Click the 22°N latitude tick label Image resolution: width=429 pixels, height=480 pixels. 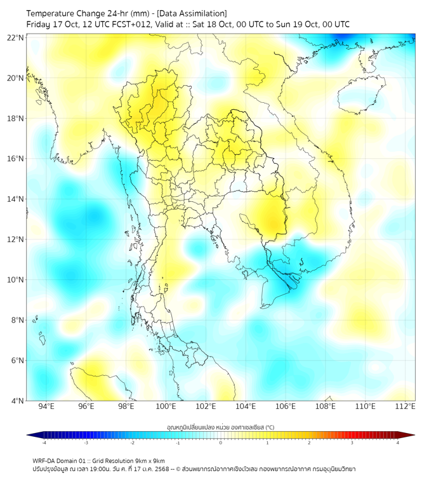pyautogui.click(x=16, y=38)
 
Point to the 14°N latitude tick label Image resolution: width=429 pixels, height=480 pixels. pyautogui.click(x=16, y=199)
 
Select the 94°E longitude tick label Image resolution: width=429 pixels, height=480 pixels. pyautogui.click(x=46, y=406)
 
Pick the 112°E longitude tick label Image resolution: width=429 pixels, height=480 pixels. pyautogui.click(x=405, y=406)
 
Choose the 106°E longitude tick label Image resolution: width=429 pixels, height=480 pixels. pyautogui.click(x=286, y=406)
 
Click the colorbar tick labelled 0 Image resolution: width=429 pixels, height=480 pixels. pyautogui.click(x=221, y=443)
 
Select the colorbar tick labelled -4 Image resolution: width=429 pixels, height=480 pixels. pyautogui.click(x=44, y=443)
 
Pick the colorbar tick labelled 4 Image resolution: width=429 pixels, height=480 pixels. pyautogui.click(x=398, y=443)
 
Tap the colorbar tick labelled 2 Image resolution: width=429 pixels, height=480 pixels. pyautogui.click(x=310, y=443)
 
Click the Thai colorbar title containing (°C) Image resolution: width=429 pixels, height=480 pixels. pyautogui.click(x=221, y=427)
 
